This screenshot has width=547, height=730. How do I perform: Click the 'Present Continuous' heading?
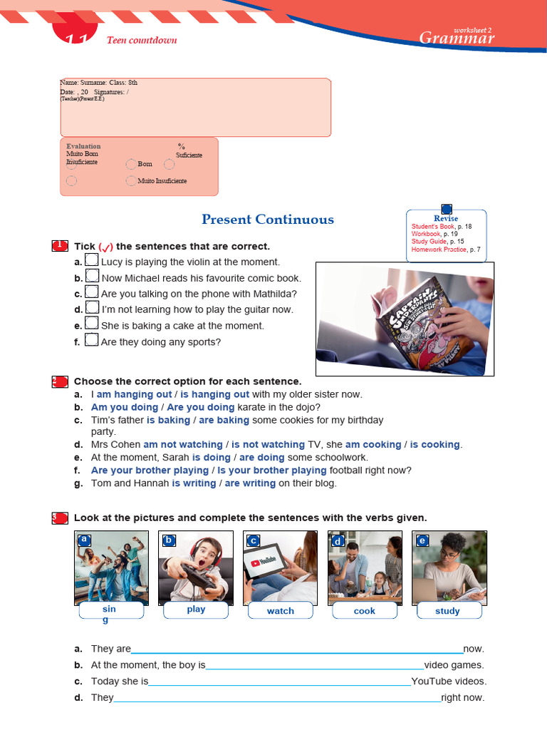point(267,220)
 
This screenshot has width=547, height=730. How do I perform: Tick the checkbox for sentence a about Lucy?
point(91,260)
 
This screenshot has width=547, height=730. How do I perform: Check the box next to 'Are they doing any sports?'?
point(91,340)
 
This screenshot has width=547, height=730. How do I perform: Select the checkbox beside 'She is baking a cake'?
point(91,324)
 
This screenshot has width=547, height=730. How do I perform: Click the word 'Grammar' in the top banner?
point(457,38)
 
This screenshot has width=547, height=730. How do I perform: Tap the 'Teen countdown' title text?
point(142,40)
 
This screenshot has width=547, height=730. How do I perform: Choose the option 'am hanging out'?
point(134,394)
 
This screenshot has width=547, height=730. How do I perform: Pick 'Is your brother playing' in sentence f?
point(272,471)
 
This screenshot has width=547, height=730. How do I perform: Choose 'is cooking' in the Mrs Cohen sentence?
point(434,445)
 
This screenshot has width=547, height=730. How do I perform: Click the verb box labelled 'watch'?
point(281,611)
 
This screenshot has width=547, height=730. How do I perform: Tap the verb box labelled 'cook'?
point(365,611)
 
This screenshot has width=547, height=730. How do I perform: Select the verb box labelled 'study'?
point(448,611)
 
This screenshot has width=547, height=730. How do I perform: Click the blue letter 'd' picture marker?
point(338,541)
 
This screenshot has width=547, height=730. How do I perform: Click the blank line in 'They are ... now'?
point(297,650)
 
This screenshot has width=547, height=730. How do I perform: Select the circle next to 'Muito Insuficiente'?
point(130,181)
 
